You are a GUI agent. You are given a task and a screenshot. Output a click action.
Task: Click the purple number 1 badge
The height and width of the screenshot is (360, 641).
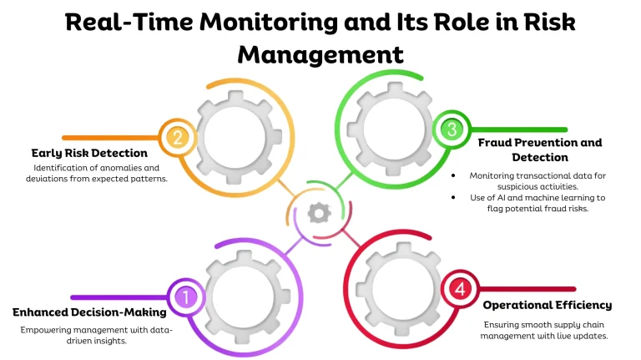click(185, 297)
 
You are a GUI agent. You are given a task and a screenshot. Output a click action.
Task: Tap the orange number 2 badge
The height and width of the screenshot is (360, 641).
click(177, 138)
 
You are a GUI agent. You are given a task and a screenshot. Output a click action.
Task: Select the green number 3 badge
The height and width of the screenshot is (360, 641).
click(452, 129)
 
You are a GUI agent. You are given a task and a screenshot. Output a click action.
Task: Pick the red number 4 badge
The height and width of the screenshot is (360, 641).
click(460, 289)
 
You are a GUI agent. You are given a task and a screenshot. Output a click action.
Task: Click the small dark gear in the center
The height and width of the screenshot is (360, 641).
click(320, 213)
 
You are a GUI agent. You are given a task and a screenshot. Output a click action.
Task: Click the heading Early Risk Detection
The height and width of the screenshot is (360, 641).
click(89, 153)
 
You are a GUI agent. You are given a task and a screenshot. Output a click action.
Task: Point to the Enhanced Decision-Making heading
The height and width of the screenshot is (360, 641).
click(89, 312)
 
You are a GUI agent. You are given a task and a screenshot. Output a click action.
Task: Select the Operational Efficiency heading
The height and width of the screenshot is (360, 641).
click(547, 305)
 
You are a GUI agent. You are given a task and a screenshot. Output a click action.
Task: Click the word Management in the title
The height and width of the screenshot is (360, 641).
click(320, 55)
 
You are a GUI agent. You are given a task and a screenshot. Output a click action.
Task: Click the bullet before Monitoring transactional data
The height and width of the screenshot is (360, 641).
click(453, 175)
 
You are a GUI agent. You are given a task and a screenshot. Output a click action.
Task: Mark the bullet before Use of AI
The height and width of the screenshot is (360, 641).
click(453, 197)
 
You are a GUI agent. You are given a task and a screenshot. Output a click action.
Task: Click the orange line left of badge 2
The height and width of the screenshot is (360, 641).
click(110, 138)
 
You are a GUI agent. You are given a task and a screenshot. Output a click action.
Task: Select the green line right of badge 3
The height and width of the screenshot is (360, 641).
click(519, 129)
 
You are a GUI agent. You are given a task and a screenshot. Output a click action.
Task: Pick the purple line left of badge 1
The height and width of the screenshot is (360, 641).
click(119, 297)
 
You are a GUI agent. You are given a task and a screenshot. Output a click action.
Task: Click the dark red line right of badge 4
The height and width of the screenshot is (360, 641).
click(527, 289)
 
